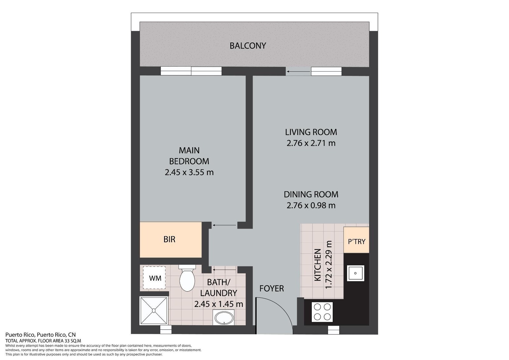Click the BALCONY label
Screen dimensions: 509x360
pyautogui.click(x=248, y=46)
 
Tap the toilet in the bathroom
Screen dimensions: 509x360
pyautogui.click(x=187, y=278)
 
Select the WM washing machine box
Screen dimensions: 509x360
pyautogui.click(x=154, y=278)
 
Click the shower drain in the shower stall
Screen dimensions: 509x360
pyautogui.click(x=154, y=310)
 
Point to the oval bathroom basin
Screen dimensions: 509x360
pyautogui.click(x=224, y=318)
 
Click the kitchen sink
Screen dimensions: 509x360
pyautogui.click(x=355, y=273)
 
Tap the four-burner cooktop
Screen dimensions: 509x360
pyautogui.click(x=322, y=312)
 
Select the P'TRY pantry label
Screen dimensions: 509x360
pyautogui.click(x=357, y=242)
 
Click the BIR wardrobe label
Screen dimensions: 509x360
pyautogui.click(x=169, y=239)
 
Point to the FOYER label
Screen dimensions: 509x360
pyautogui.click(x=272, y=288)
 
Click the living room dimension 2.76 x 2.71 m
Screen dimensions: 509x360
pyautogui.click(x=311, y=143)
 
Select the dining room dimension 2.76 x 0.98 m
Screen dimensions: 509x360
pyautogui.click(x=311, y=205)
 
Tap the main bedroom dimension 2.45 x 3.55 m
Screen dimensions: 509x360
pyautogui.click(x=189, y=172)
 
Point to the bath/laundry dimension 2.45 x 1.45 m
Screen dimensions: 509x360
pyautogui.click(x=219, y=304)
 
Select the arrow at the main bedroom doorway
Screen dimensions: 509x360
pyautogui.click(x=224, y=225)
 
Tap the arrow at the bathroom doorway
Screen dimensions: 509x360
pyautogui.click(x=224, y=270)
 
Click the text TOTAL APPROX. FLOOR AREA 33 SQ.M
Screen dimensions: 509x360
pyautogui.click(x=43, y=341)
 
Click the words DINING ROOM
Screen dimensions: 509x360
pyautogui.click(x=311, y=194)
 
